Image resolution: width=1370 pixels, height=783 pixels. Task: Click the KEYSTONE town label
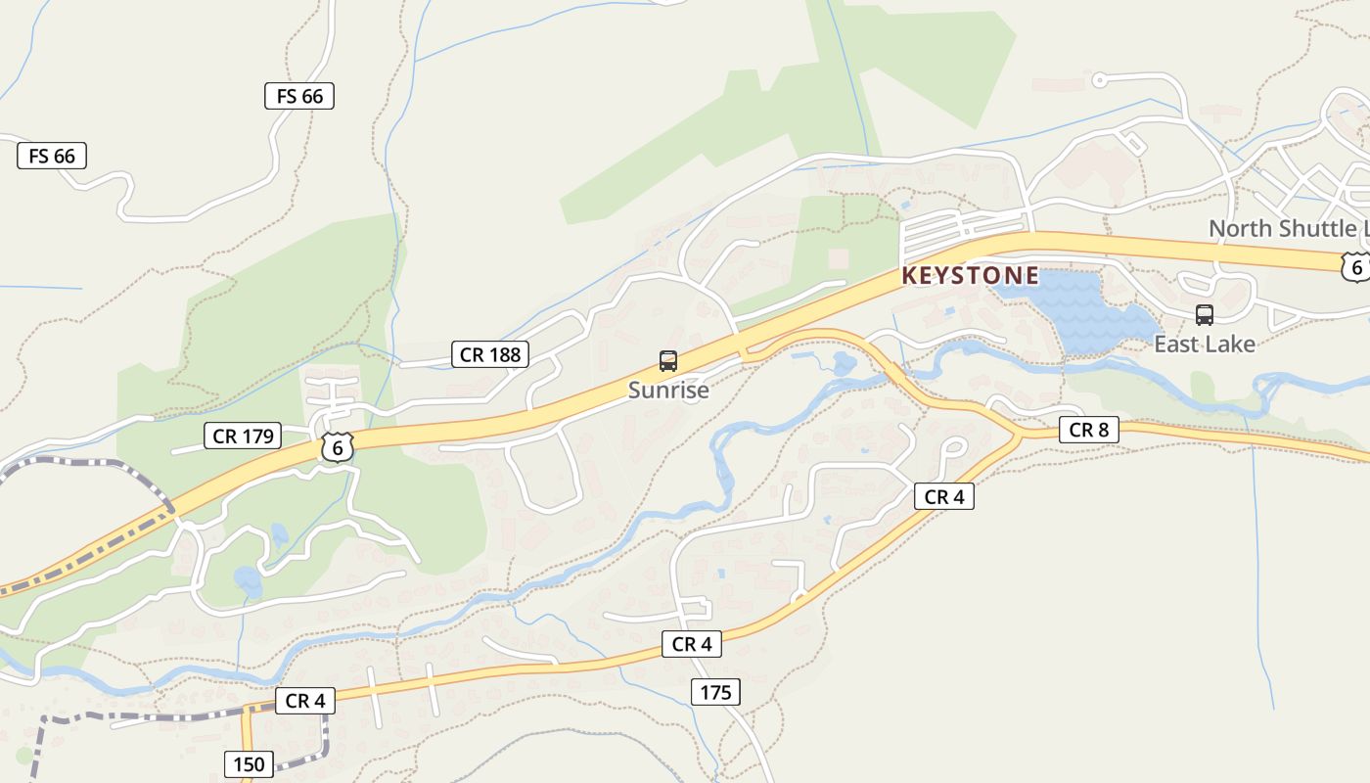tap(970, 276)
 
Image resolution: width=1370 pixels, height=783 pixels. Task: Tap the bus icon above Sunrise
tap(668, 361)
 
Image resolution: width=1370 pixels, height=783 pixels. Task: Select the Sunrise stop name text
tap(668, 391)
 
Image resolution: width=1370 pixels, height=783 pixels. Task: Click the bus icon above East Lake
tap(1205, 315)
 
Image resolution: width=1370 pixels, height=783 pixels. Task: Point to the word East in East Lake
tap(1177, 345)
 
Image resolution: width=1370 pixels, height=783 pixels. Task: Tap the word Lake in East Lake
tap(1230, 345)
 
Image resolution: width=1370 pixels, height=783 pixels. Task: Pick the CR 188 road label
tap(490, 354)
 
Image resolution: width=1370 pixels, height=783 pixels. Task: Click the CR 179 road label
tap(243, 436)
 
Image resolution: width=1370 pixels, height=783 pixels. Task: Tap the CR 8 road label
tap(1088, 430)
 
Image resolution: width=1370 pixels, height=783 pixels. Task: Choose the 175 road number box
tap(715, 693)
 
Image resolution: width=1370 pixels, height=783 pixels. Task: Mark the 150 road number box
tap(249, 764)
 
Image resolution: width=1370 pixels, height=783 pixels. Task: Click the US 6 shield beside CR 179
tap(337, 448)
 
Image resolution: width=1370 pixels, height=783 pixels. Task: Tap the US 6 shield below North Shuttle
tap(1354, 266)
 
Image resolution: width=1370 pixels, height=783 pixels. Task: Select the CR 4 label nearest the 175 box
tap(692, 644)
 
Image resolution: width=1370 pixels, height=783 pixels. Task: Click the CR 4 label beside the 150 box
tap(305, 701)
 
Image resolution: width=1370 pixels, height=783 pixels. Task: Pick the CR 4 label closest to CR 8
tap(944, 497)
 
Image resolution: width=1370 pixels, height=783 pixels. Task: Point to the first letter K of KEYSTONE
tap(909, 276)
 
